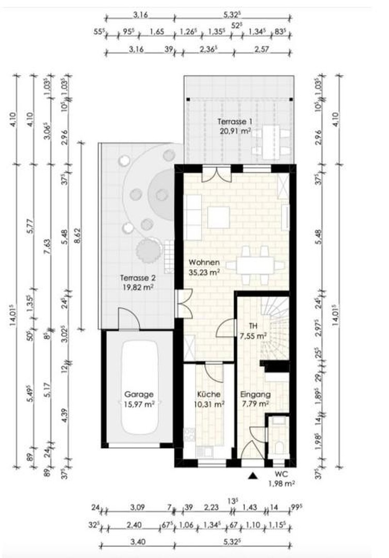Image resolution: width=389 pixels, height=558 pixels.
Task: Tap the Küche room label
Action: coord(209,394)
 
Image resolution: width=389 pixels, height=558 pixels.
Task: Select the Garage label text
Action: coord(138,394)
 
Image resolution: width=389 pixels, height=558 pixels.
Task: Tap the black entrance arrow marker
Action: coord(253,475)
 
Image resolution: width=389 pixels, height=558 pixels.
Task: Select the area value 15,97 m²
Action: coord(138,404)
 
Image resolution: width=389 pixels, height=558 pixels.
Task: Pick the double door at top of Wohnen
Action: coord(213,174)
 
